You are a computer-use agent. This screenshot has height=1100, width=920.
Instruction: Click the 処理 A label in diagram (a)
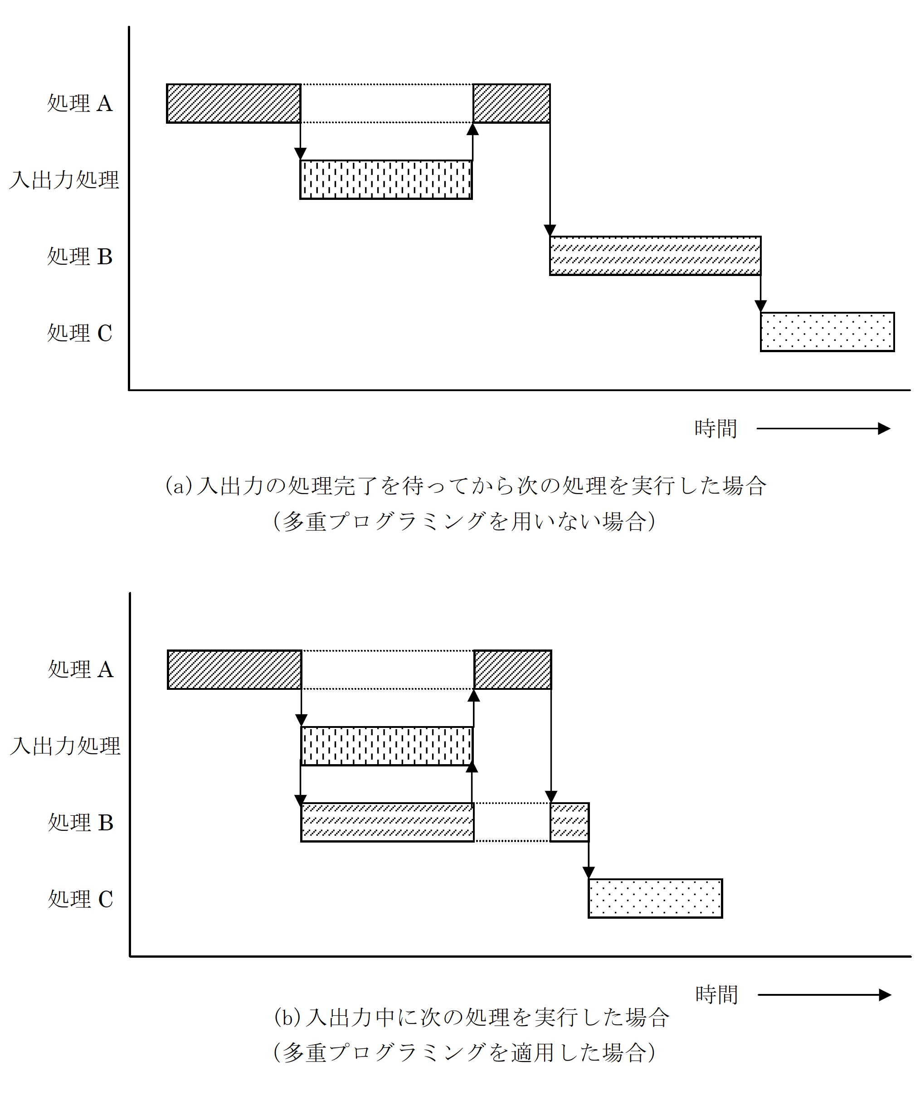click(x=80, y=103)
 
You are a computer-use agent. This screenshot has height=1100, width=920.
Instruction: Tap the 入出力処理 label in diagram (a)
click(x=64, y=179)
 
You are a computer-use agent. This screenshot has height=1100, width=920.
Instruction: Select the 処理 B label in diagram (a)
click(x=80, y=256)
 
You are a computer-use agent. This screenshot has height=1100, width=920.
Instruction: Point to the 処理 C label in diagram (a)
click(x=80, y=333)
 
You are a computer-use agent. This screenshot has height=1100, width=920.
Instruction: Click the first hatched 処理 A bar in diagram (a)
click(x=234, y=103)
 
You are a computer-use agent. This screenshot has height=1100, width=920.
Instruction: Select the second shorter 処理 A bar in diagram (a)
click(x=511, y=103)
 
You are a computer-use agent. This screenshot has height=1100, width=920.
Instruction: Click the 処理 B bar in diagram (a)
click(x=655, y=256)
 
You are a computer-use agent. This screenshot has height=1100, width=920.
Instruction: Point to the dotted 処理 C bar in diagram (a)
click(x=827, y=332)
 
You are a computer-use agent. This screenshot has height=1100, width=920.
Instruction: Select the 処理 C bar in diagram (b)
click(x=655, y=898)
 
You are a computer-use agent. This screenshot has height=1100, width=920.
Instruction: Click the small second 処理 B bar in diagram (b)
click(x=570, y=822)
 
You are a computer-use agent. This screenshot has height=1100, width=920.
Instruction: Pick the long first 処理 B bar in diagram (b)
click(x=387, y=822)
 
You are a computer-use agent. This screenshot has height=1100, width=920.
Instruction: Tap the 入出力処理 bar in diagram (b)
click(x=387, y=746)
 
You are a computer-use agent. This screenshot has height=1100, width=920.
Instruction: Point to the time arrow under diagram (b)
click(x=824, y=995)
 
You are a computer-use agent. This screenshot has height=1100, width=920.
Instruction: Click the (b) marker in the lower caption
click(x=287, y=1017)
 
